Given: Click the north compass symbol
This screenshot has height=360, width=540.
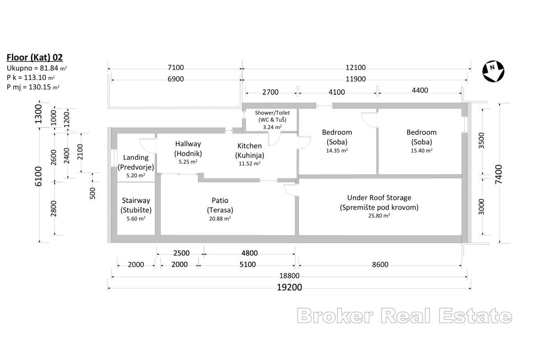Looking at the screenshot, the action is click(x=493, y=71).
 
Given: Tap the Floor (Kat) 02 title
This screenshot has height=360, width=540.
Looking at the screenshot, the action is click(x=35, y=58).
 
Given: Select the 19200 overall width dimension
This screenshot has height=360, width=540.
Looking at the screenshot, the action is click(x=289, y=288).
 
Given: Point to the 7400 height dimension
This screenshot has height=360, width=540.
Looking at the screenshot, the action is click(x=498, y=174).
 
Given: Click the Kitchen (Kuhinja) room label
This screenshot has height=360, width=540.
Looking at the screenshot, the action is click(x=249, y=150).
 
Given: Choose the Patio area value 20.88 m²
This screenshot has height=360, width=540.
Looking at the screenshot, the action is click(x=220, y=219).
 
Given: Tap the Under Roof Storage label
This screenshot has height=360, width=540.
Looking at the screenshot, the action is click(x=379, y=198).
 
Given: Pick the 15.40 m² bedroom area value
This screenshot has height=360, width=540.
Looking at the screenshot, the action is click(x=422, y=151).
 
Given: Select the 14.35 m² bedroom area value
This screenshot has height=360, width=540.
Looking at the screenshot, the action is click(x=337, y=151).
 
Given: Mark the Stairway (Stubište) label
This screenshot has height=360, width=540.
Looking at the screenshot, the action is click(x=136, y=205).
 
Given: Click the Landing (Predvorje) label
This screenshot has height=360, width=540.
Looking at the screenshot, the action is click(x=136, y=162).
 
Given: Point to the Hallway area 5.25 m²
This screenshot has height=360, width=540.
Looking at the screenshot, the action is click(x=188, y=162).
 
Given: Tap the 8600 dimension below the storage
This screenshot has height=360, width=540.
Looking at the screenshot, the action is click(x=380, y=265).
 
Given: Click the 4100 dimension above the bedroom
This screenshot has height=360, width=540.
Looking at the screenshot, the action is click(x=337, y=92).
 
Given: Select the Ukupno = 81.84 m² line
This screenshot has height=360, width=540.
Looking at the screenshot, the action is click(x=36, y=68).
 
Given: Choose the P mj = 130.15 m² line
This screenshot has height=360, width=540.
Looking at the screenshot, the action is click(x=33, y=87).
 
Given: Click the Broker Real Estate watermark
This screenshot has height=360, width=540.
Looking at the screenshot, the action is click(x=405, y=316).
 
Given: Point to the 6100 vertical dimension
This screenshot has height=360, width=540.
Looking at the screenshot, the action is click(x=38, y=176).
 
